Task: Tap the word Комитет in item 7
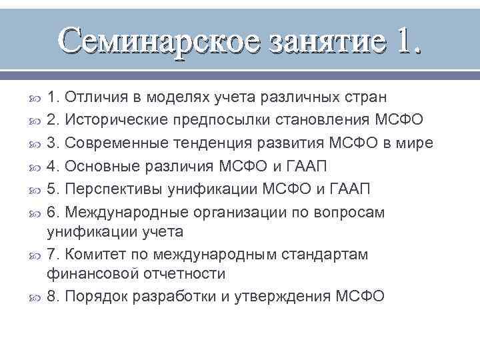coord(94,255)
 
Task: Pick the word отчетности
coord(181,273)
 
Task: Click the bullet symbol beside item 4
coord(36,167)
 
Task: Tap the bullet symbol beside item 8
coord(36,297)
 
